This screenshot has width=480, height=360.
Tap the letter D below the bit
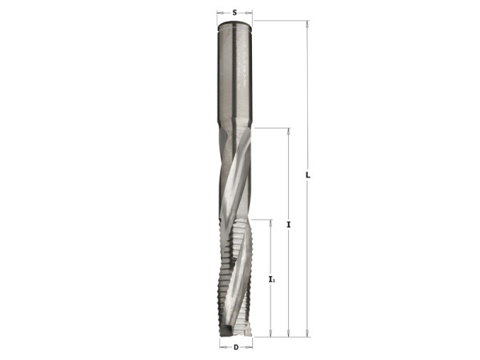click(236, 347)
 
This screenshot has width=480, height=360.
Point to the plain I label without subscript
click(288, 226)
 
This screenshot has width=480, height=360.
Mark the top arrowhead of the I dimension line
click(288, 130)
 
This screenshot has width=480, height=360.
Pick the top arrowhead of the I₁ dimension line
click(272, 222)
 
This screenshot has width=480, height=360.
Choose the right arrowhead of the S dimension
click(250, 14)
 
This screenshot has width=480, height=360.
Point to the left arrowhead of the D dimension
click(222, 347)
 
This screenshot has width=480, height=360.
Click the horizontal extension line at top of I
click(272, 127)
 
